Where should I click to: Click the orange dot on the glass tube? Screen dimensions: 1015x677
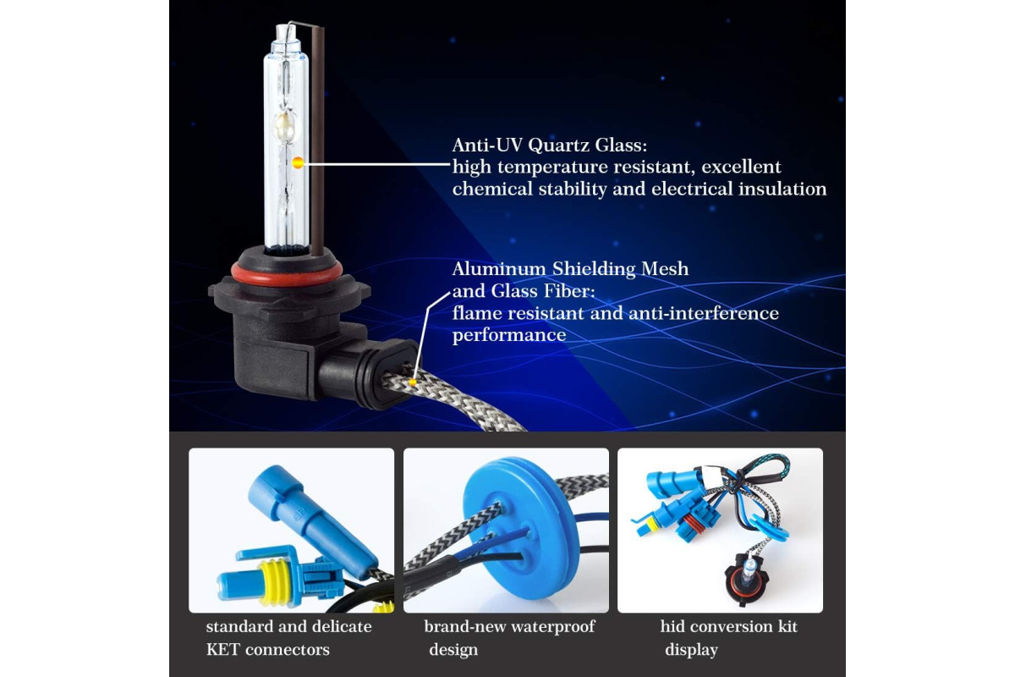coord(298,162)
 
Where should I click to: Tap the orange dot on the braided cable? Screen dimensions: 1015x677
coord(413,382)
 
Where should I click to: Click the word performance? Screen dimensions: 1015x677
coord(509,336)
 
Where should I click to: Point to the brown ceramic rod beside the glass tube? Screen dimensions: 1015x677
coord(317,140)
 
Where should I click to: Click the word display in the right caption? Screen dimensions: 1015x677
coord(691,650)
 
